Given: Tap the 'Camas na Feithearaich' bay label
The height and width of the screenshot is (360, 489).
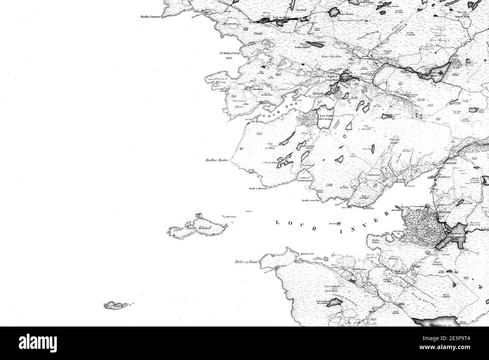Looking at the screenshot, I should coord(307,178).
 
